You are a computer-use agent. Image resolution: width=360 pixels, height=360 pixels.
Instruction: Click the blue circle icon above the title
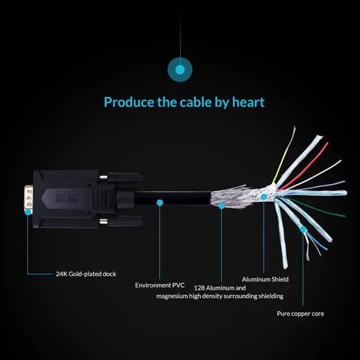tap(180, 70)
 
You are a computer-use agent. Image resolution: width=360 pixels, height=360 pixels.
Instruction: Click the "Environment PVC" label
tap(160, 285)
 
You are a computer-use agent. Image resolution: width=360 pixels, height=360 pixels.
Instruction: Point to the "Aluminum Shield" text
tap(265, 279)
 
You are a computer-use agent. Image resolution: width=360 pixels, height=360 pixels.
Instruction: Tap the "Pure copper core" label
tap(300, 313)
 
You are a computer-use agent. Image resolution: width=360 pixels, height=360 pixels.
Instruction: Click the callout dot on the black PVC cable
tap(160, 201)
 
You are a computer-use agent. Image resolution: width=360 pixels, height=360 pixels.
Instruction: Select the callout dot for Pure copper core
tap(303, 229)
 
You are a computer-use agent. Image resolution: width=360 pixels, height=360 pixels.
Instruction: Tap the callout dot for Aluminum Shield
tap(263, 197)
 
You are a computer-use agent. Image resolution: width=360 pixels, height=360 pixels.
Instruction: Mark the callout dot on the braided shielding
tap(222, 206)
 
